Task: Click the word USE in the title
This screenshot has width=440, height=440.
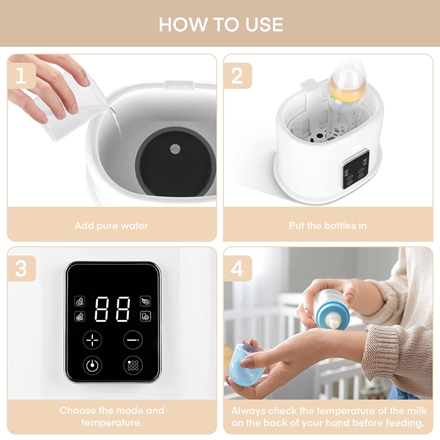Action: [x=264, y=24]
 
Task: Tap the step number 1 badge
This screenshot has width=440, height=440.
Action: [x=21, y=76]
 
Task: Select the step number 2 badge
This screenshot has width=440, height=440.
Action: [x=237, y=76]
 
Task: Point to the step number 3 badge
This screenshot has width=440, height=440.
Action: [x=21, y=268]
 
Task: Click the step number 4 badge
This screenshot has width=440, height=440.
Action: [x=237, y=268]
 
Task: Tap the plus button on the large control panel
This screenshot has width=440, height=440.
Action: [x=92, y=340]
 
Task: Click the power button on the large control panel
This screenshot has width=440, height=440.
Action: [x=92, y=365]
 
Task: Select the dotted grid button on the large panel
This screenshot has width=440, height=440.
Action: [x=133, y=365]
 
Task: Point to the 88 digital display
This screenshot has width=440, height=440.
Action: [x=112, y=309]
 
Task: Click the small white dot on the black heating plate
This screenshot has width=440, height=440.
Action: [x=175, y=149]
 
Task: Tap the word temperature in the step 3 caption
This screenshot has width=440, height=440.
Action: [x=112, y=423]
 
